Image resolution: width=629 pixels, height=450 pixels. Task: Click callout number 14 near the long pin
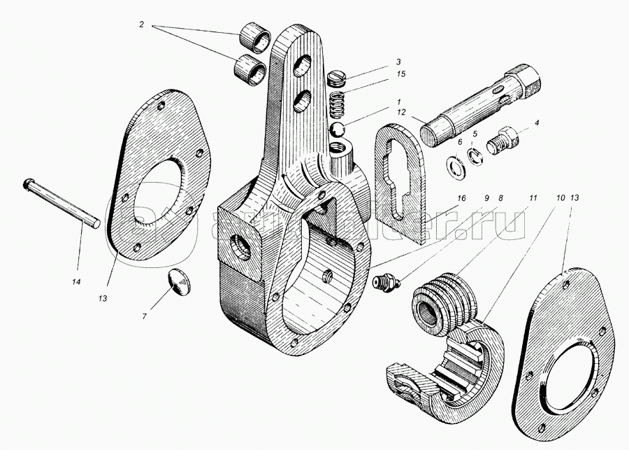tap(75, 281)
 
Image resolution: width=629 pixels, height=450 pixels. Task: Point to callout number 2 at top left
tap(142, 24)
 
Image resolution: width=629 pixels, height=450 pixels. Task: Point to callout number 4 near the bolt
tap(536, 124)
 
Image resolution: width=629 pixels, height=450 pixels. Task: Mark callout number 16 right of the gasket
tap(461, 199)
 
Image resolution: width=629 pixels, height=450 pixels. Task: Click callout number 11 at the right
tap(533, 199)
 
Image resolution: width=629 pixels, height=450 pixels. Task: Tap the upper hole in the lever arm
tap(304, 69)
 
